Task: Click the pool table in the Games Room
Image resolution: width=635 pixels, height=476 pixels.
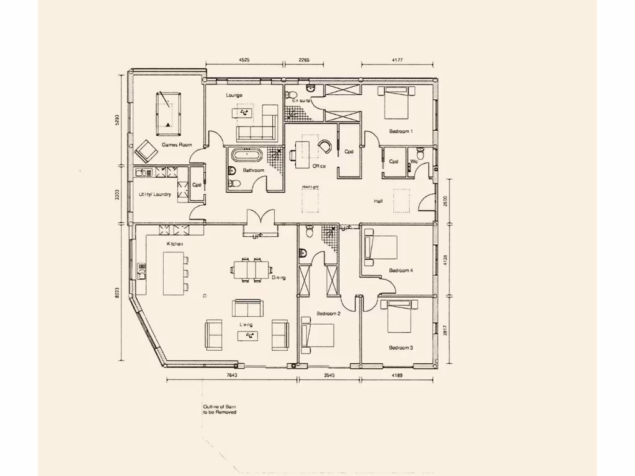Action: (x=167, y=113)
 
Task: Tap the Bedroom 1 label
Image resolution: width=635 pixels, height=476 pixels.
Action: (x=401, y=131)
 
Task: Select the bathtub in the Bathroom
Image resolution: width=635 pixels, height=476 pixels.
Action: (x=248, y=155)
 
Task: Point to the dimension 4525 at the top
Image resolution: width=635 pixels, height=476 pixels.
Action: (x=244, y=60)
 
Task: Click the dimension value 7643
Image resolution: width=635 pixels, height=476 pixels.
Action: (x=231, y=375)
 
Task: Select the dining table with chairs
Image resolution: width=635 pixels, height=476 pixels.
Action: (x=251, y=270)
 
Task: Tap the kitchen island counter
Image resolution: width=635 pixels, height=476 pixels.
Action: (x=174, y=273)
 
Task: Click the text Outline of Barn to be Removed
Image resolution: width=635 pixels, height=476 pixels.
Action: (x=220, y=409)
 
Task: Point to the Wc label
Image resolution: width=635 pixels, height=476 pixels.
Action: (x=414, y=162)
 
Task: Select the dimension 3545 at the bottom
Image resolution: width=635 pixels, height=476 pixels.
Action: (x=328, y=375)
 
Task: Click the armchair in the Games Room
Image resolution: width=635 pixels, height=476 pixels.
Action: (x=147, y=151)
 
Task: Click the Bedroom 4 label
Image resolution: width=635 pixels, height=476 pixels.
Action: (x=401, y=271)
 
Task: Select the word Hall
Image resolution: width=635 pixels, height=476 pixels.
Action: (x=378, y=201)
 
